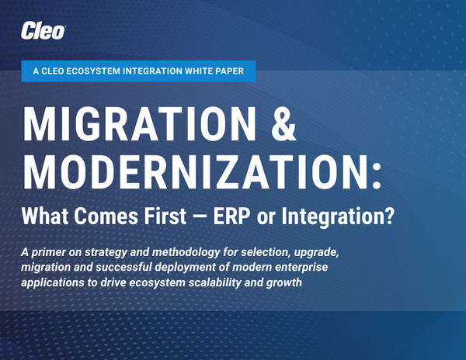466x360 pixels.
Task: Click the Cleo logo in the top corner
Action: (x=44, y=31)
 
